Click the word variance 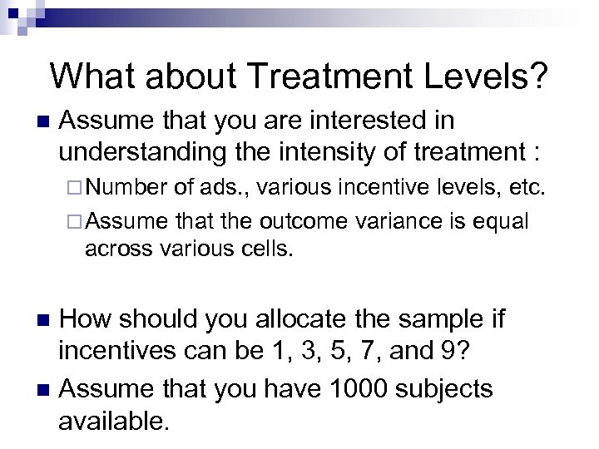pos(399,222)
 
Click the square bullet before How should pos(47,318)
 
